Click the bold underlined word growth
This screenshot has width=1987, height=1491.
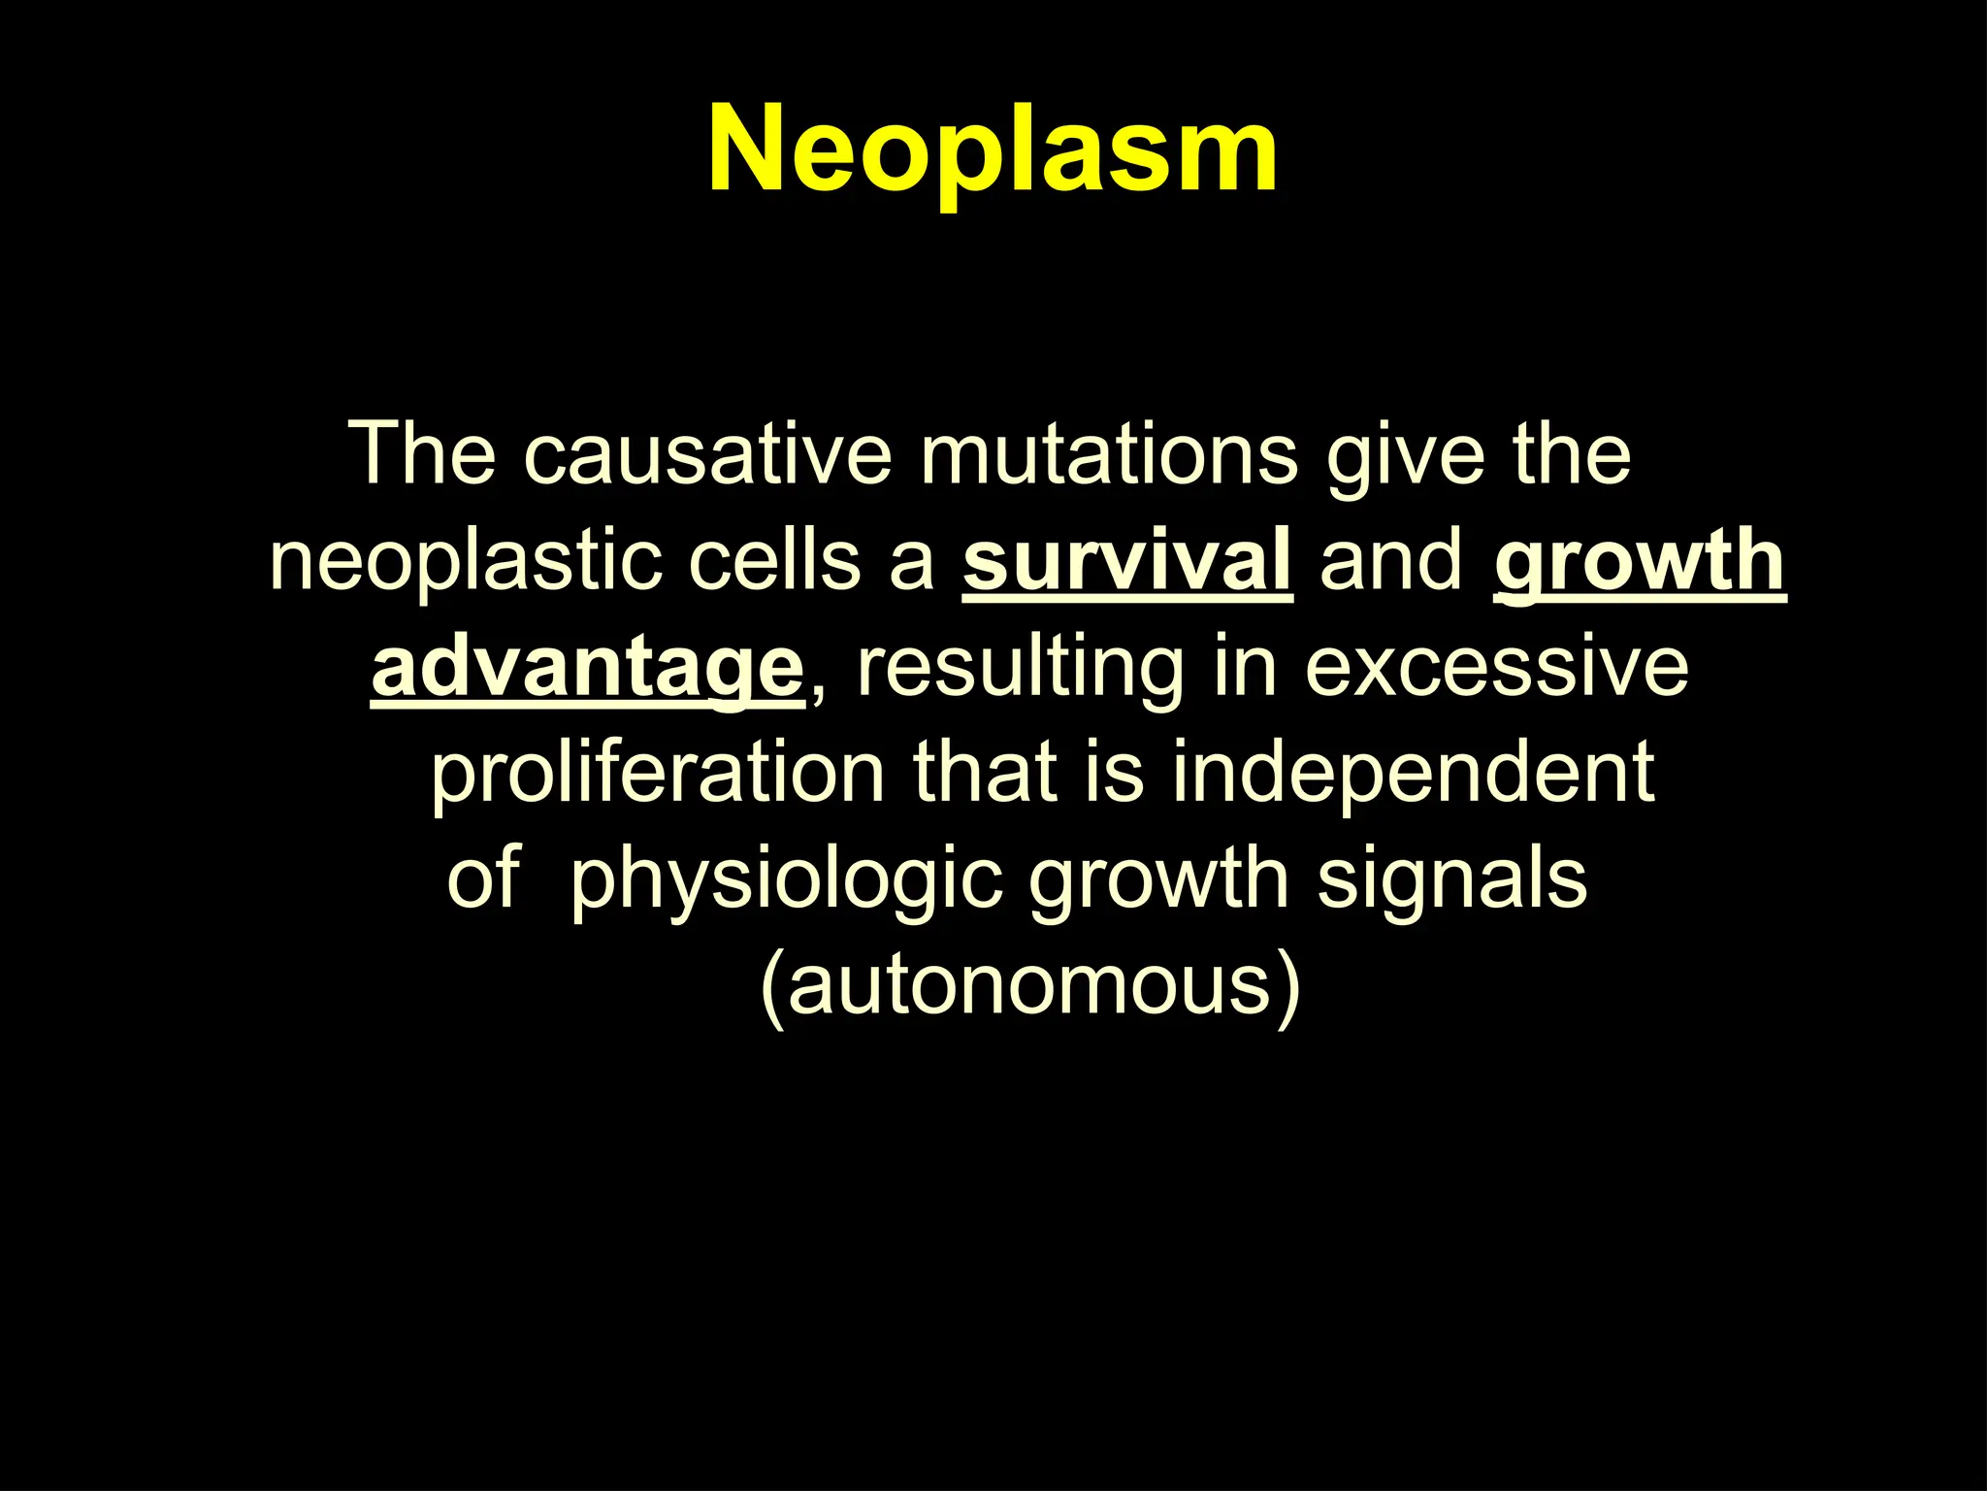click(x=1640, y=563)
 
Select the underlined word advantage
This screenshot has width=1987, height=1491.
click(x=587, y=670)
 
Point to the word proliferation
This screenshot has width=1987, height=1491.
click(x=658, y=775)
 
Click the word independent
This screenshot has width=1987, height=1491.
click(x=1413, y=773)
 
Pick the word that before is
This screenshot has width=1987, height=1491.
click(x=984, y=773)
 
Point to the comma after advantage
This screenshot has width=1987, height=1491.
click(x=817, y=691)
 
